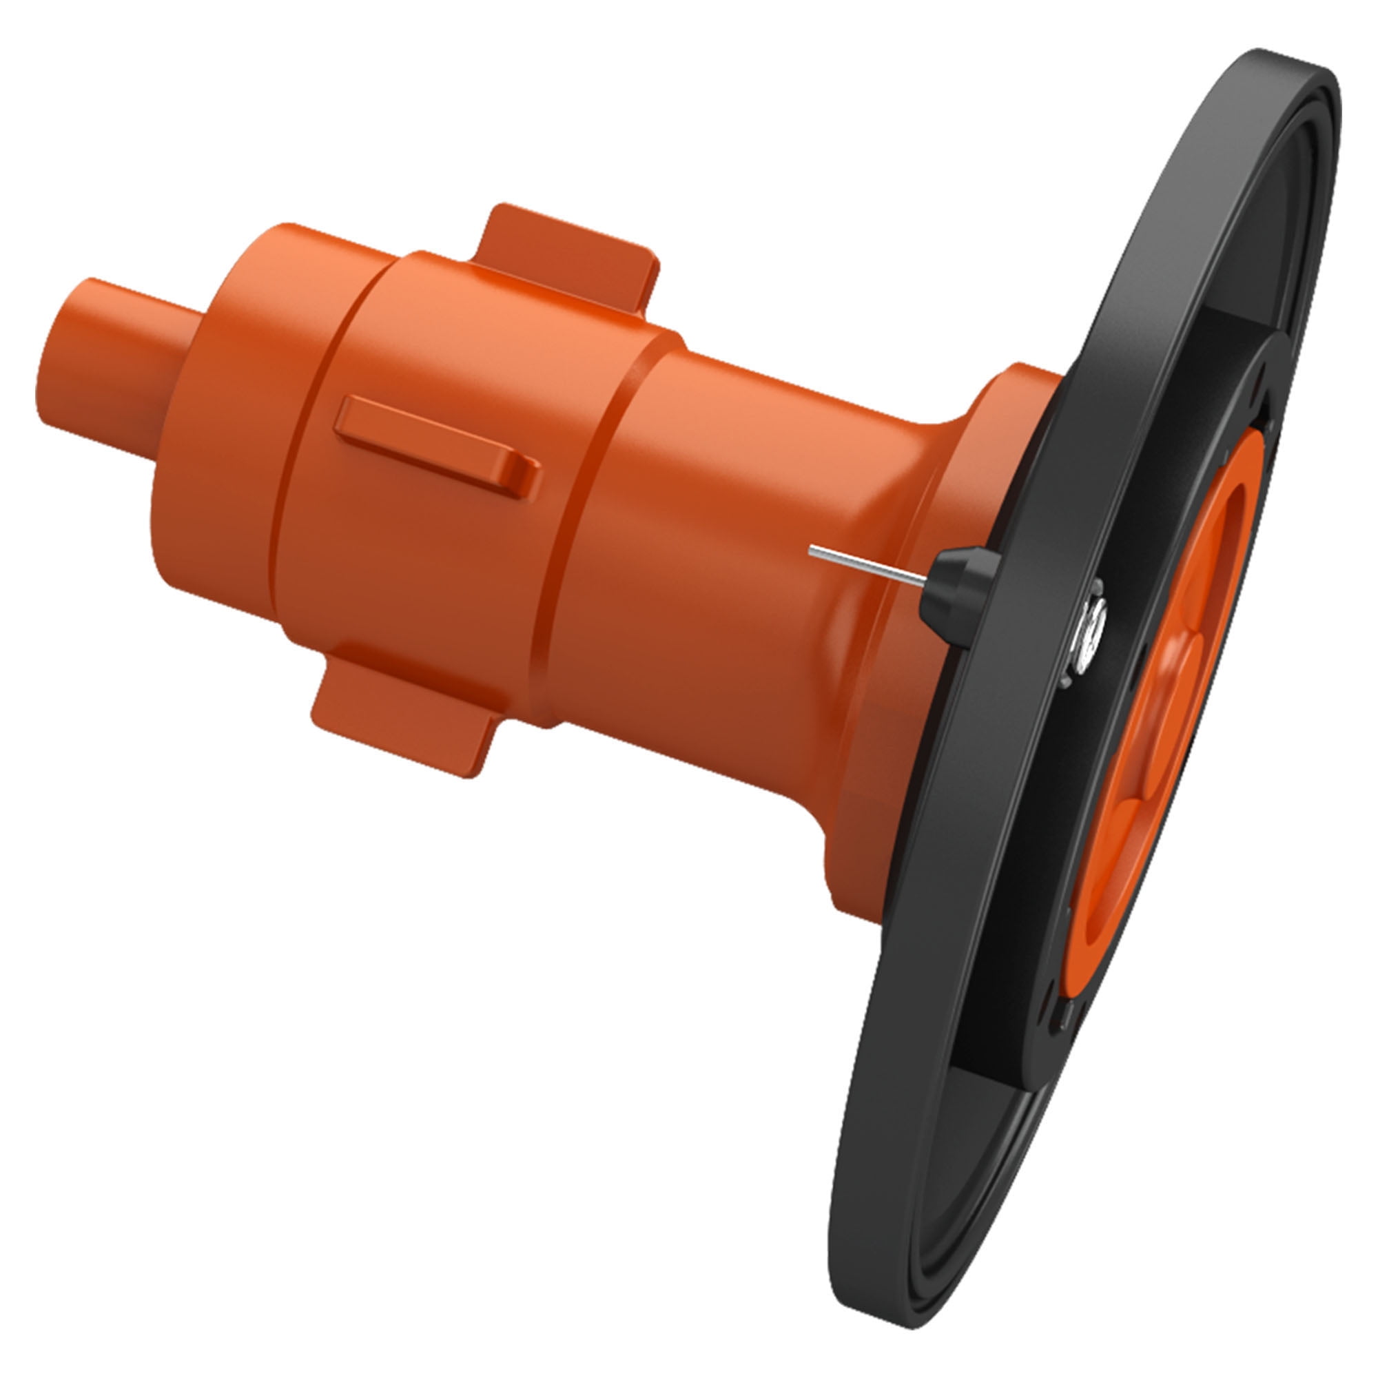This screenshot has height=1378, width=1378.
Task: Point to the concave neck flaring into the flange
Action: tap(920, 500)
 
